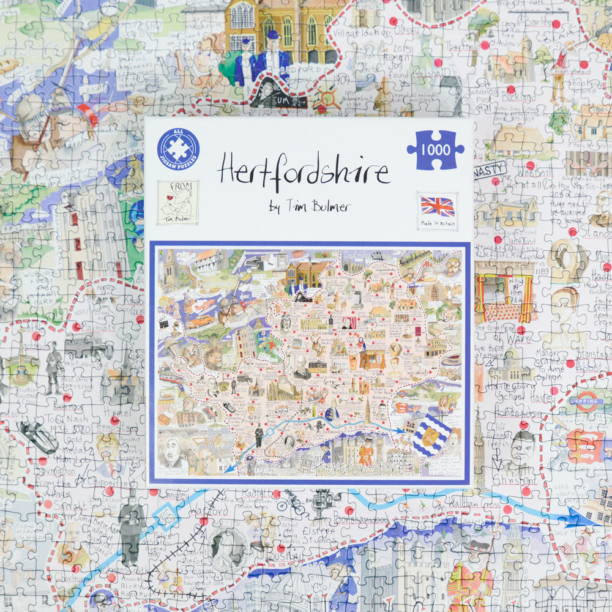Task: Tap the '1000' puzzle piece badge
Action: click(x=435, y=150)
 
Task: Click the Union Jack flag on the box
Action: click(x=437, y=207)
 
